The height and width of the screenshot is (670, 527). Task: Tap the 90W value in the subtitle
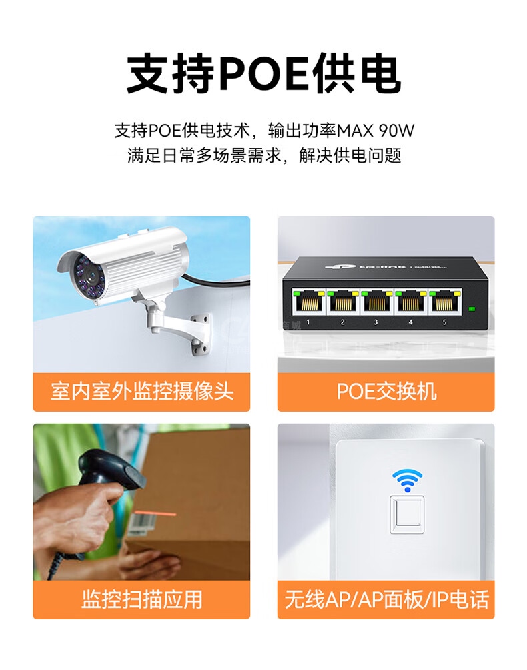click(x=396, y=130)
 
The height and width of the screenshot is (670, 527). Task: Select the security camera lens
click(x=91, y=275)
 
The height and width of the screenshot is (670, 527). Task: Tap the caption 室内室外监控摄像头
click(x=142, y=392)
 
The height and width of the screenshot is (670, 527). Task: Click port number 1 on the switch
click(x=308, y=302)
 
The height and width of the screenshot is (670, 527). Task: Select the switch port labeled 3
click(x=376, y=302)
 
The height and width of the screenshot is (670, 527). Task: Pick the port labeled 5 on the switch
click(x=445, y=302)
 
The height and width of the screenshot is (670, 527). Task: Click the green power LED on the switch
click(x=472, y=308)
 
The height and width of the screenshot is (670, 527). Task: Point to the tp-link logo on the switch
click(x=365, y=267)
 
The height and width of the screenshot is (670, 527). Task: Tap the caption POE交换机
click(x=386, y=392)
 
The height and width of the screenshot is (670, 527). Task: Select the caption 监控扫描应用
click(x=142, y=599)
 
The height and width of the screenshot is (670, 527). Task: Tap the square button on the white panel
click(x=407, y=515)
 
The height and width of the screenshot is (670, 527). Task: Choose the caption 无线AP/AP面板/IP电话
click(x=386, y=599)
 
